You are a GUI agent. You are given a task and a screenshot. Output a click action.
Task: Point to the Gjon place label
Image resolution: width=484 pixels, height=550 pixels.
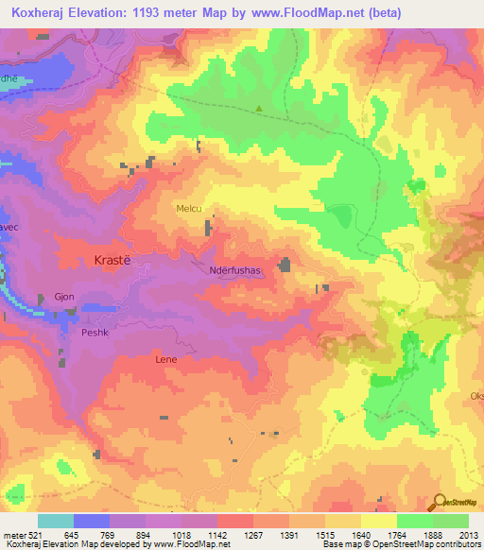click(64, 297)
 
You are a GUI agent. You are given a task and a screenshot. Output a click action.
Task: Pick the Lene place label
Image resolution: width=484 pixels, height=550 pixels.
click(165, 360)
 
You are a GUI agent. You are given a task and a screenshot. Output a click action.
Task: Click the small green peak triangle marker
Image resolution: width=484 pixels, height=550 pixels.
click(260, 108)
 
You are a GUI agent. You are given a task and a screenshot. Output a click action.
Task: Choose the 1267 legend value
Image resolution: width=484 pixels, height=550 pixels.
click(252, 534)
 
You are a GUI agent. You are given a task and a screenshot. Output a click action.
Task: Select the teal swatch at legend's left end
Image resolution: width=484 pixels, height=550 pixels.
click(56, 521)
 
